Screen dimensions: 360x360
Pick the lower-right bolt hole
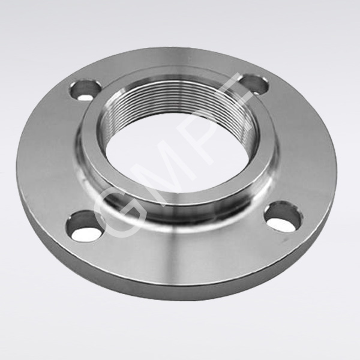[x=283, y=218]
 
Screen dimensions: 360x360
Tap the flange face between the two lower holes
[x=180, y=252]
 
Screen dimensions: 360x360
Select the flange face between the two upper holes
[x=168, y=66]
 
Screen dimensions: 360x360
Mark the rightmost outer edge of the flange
[x=340, y=162]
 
